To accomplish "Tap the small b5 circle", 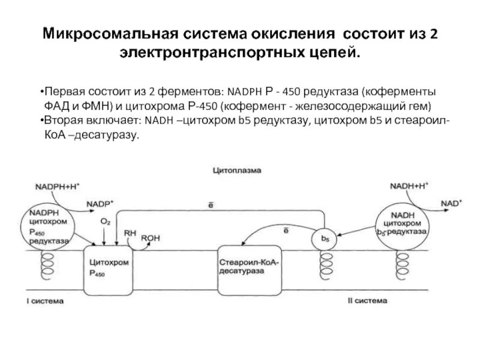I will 325,239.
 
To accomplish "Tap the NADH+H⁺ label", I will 409,185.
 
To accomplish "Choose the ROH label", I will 150,238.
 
